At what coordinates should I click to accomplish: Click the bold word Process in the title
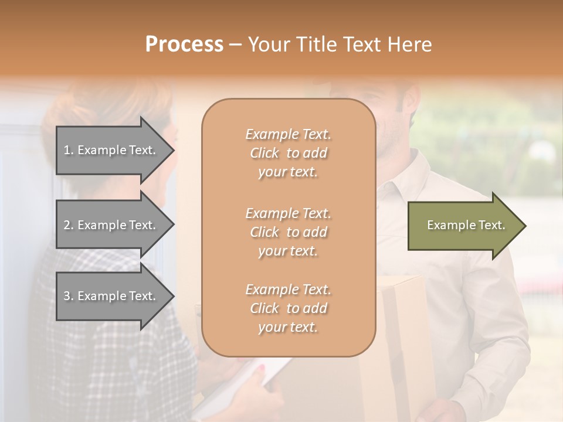point(184,45)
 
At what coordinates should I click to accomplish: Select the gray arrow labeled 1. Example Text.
point(111,150)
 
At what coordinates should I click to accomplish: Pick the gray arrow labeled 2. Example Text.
point(111,225)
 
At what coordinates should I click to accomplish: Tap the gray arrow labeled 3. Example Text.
point(111,296)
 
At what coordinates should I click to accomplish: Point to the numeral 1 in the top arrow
point(67,150)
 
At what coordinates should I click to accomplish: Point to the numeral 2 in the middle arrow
point(67,225)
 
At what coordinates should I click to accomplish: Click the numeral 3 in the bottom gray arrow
point(67,296)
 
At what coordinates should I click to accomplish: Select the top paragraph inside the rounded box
point(288,153)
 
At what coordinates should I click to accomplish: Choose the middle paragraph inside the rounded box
point(288,232)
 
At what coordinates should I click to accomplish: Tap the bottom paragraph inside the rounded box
point(288,308)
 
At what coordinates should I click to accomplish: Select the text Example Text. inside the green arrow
point(466,225)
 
